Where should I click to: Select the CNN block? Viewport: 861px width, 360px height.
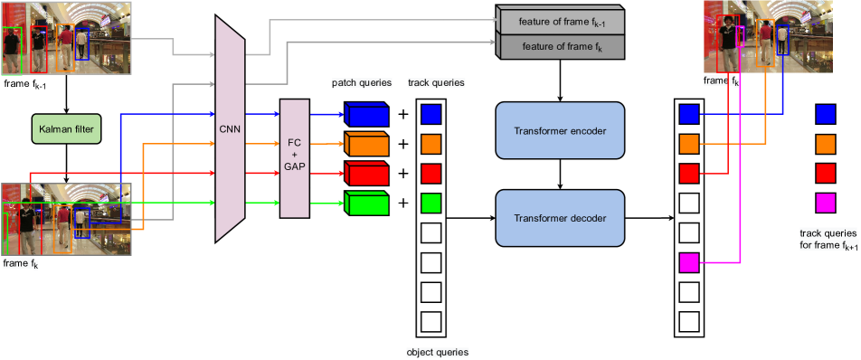coord(231,129)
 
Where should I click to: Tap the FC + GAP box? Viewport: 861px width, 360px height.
coord(295,158)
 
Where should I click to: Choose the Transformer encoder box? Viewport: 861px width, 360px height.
coord(560,131)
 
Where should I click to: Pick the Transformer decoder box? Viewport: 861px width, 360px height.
coord(560,218)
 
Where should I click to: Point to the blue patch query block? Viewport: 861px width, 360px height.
coord(366,115)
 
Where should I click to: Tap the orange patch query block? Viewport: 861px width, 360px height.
coord(366,144)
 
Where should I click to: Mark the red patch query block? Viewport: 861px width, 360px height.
coord(366,174)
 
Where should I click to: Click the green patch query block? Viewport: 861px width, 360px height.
coord(366,204)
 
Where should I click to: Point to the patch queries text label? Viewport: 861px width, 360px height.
coord(362,82)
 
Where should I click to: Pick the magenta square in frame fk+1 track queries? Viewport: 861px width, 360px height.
coord(826,202)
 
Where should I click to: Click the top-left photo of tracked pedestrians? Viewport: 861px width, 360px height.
coord(66,38)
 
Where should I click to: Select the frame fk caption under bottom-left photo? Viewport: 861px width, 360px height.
coord(21,264)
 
